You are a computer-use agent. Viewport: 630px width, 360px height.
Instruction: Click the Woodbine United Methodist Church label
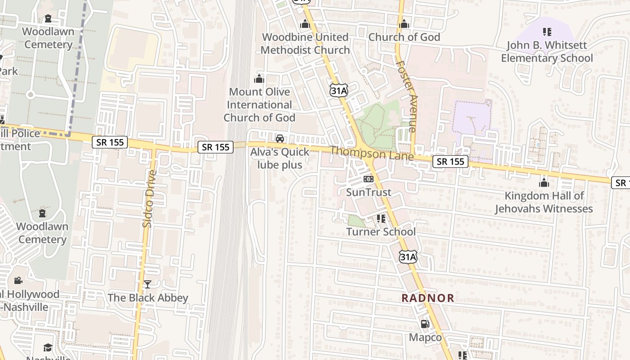coord(305,44)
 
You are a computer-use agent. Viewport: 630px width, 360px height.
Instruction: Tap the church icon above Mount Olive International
coord(259,79)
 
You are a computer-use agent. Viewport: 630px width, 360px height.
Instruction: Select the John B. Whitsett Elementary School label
coord(547,52)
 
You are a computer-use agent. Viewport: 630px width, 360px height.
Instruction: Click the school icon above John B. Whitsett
coord(547,32)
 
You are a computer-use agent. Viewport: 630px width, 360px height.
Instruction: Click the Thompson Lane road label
coord(372,153)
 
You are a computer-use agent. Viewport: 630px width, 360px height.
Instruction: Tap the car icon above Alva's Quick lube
coord(280,138)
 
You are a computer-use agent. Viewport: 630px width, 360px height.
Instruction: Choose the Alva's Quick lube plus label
coord(280,158)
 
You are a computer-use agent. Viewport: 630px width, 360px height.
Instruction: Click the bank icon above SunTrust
coord(369,179)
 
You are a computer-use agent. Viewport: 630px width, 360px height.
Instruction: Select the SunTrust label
coord(369,192)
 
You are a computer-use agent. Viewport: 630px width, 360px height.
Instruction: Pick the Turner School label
coord(381,232)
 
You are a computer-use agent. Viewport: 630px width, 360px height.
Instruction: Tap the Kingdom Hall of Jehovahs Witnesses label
coord(544,202)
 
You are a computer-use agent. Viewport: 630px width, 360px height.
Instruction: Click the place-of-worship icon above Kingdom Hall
coord(544,183)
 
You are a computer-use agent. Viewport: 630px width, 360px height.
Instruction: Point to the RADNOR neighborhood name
coord(428,298)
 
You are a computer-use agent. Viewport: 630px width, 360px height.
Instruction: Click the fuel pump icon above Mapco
coord(425,324)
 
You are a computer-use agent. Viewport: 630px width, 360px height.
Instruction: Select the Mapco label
coord(425,337)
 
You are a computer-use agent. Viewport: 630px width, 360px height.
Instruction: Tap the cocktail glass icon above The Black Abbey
coord(147,284)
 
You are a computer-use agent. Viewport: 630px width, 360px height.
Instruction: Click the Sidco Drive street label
coord(149,198)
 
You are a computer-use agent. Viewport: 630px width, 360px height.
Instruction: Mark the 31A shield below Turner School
coord(408,257)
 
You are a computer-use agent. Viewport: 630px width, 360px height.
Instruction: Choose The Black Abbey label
coord(148,298)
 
